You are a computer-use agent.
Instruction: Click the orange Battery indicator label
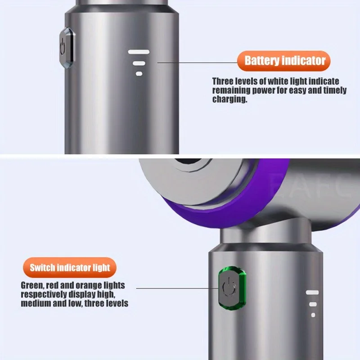click(x=285, y=61)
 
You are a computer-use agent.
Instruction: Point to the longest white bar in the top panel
click(x=139, y=52)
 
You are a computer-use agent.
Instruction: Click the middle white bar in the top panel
click(x=139, y=63)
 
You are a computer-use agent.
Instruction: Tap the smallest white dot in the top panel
click(x=139, y=73)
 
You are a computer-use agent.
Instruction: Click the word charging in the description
click(x=229, y=99)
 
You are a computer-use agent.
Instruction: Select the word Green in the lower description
click(x=32, y=285)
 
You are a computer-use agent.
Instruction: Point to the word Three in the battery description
click(x=223, y=81)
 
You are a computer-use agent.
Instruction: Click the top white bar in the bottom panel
click(x=312, y=292)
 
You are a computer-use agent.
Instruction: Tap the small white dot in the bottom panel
click(x=313, y=315)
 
